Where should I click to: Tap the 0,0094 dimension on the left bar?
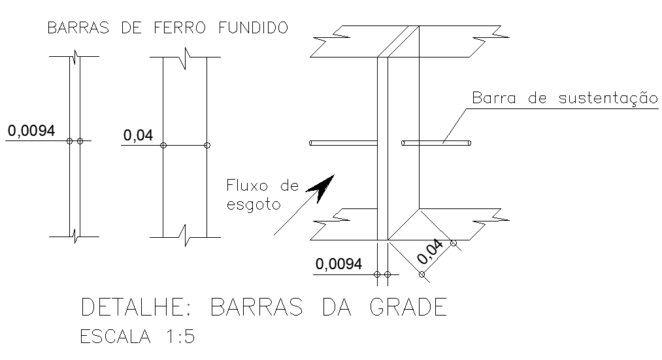coord(31,131)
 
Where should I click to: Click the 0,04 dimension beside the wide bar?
coord(137,136)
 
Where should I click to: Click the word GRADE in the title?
coord(408,307)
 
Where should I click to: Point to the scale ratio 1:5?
coord(178,337)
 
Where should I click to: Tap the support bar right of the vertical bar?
coord(437,142)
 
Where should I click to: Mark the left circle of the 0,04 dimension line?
coord(163,145)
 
